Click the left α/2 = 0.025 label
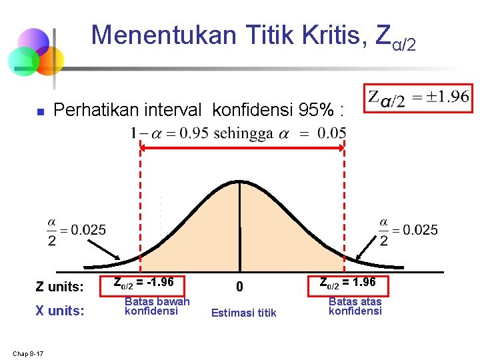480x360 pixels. point(76,230)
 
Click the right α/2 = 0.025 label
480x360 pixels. point(408,230)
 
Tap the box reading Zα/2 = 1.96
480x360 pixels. point(347,283)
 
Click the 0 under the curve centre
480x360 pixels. point(241,287)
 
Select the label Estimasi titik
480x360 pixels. point(243,313)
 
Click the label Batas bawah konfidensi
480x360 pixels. point(157,306)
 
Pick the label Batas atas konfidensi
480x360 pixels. point(355,306)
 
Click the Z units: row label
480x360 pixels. point(59,287)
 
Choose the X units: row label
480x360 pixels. point(59,311)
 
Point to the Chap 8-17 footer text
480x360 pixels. point(27,353)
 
